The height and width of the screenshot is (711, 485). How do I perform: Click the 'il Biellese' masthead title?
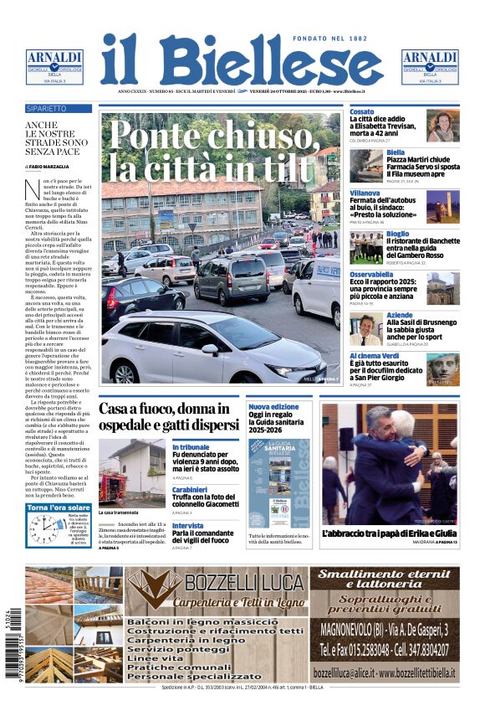(x=242, y=61)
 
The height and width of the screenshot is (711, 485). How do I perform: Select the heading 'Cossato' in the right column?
(x=362, y=111)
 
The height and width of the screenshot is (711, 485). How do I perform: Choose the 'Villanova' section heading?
(x=365, y=193)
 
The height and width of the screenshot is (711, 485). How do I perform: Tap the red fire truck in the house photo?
(x=111, y=487)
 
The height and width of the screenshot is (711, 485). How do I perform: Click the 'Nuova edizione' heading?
(x=273, y=406)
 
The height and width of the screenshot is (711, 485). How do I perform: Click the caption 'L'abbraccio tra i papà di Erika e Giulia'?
(x=389, y=533)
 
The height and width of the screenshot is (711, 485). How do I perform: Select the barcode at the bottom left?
(x=16, y=644)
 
